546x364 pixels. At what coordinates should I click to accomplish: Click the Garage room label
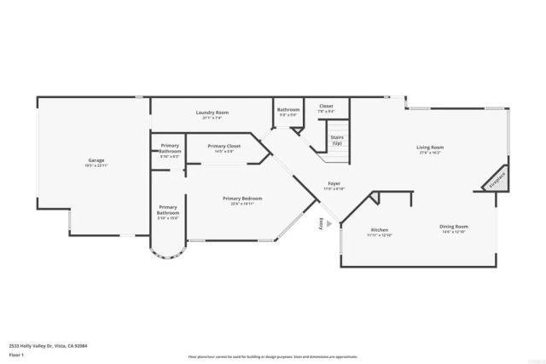[96, 160]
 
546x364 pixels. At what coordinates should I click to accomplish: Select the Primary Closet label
[225, 146]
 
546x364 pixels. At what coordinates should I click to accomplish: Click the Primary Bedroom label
[242, 199]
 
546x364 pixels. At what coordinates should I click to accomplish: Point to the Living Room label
[429, 147]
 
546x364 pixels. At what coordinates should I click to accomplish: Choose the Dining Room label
[454, 226]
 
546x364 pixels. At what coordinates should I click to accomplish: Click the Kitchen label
[380, 230]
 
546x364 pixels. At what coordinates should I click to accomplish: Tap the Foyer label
[334, 184]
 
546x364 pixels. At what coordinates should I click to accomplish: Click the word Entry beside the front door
[321, 223]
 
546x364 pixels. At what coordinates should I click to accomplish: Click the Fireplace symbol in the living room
[497, 180]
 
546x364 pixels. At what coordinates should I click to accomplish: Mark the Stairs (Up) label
[337, 141]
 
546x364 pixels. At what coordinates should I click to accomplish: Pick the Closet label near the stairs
[326, 107]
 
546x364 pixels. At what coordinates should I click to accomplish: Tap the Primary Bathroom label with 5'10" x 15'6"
[168, 212]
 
